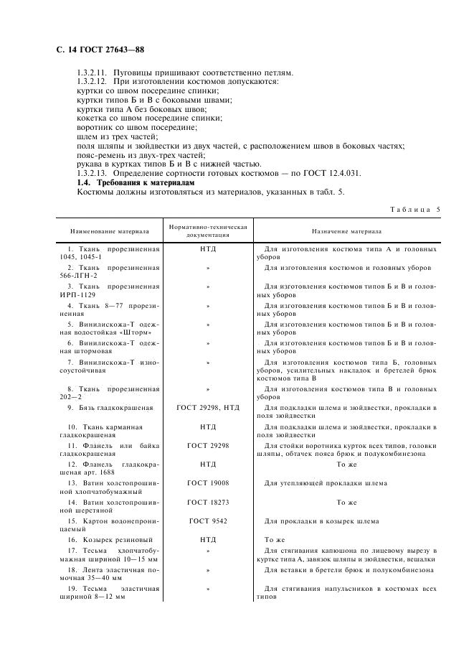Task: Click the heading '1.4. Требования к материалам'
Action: [135, 184]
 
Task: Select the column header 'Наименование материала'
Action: [110, 232]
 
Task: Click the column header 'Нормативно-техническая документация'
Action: [207, 231]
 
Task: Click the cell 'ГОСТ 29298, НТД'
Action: [207, 408]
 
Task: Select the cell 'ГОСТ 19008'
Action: [207, 482]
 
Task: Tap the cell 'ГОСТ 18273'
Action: [207, 501]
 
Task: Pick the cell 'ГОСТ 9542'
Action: [207, 520]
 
